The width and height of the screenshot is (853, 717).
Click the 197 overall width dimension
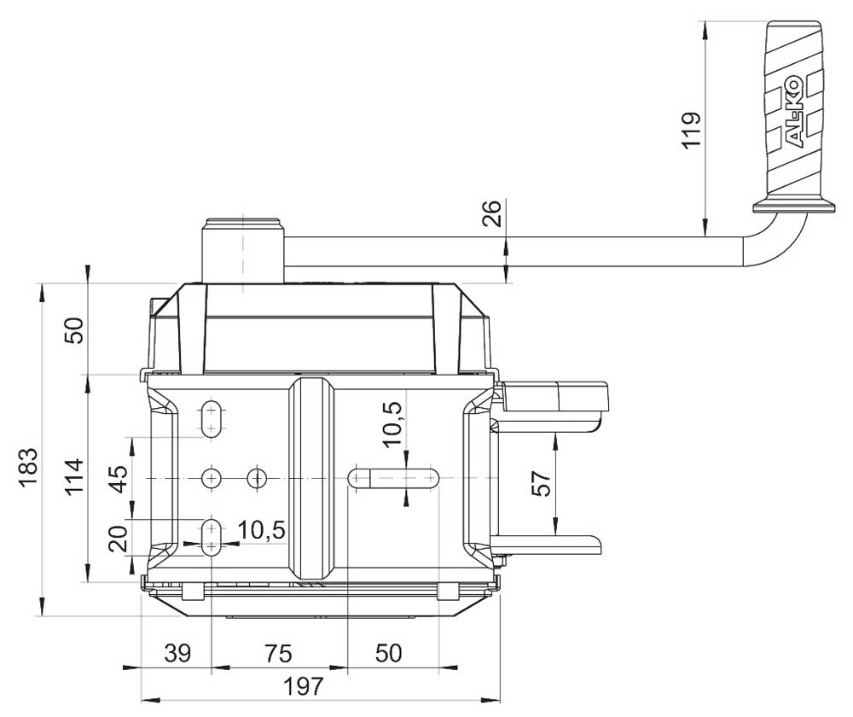[304, 686]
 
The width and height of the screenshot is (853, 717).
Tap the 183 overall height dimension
[27, 469]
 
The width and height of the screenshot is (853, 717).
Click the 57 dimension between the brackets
[541, 483]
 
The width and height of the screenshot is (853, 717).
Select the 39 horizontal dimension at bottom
[177, 653]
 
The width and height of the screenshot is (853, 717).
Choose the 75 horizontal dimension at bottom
[278, 653]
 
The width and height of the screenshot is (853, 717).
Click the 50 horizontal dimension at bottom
[388, 653]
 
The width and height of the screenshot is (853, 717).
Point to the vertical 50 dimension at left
[74, 330]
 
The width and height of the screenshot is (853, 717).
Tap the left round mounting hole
[211, 479]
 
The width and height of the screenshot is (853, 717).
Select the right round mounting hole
[257, 479]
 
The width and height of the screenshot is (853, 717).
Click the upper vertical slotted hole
[212, 419]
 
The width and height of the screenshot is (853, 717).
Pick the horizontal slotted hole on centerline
[393, 479]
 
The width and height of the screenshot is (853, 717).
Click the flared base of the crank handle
[793, 207]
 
